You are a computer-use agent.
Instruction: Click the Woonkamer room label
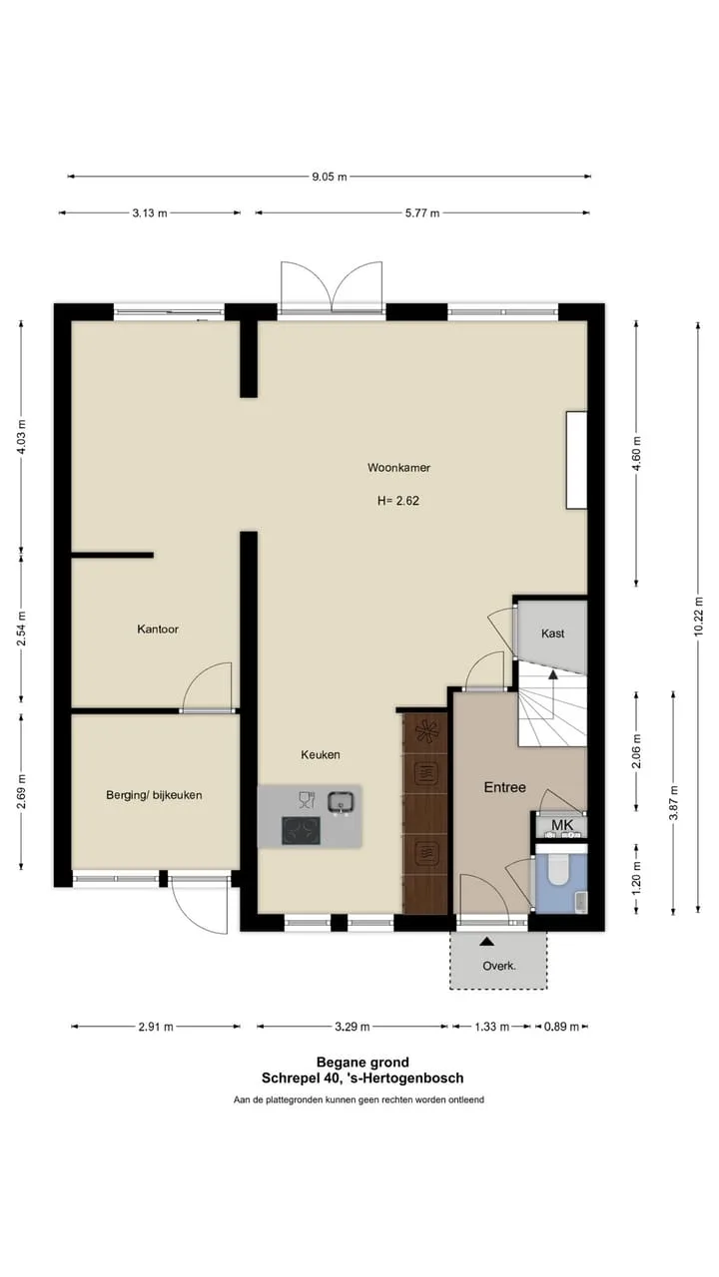398,468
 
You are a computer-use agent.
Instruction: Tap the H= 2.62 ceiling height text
398,501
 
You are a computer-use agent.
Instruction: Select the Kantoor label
158,629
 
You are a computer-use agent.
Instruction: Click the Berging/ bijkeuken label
154,795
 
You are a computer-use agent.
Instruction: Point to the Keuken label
321,754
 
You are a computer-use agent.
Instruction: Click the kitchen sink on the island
341,802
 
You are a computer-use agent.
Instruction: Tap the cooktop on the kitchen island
301,831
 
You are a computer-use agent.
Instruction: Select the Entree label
505,787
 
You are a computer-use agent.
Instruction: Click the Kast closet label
553,634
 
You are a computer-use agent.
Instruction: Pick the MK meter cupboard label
562,825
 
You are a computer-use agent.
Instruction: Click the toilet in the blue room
558,870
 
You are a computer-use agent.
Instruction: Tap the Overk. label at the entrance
499,966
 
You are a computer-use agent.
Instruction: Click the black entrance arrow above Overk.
486,941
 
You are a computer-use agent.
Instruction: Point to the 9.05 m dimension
330,177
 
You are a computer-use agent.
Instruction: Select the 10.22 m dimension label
698,616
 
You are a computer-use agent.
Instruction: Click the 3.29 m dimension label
353,1027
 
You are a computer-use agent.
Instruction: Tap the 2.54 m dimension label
21,629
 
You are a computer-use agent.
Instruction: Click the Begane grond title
362,1063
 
